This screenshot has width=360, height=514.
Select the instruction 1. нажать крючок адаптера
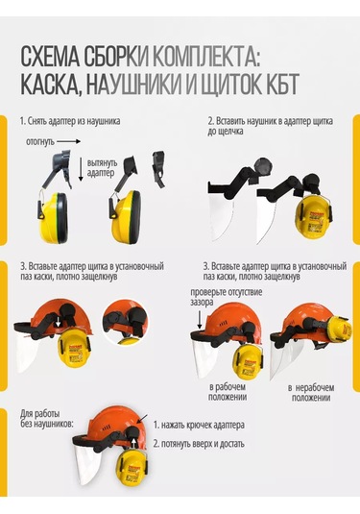coord(203,425)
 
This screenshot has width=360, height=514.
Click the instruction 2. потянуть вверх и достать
coord(199,444)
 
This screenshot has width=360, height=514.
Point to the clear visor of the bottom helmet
coord(92,476)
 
